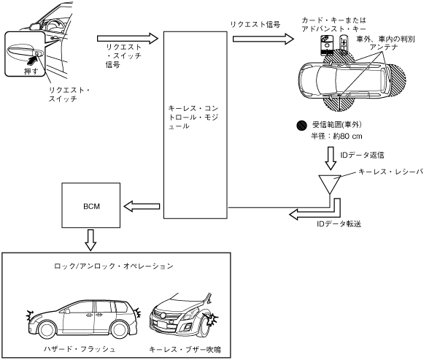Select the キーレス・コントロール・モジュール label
[193, 117]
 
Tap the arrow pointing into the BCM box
[142, 207]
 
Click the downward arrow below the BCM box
[90, 240]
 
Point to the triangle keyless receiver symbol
[330, 183]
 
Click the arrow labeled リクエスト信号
[263, 39]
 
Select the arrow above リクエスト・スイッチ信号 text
[128, 39]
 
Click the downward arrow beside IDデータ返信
[331, 158]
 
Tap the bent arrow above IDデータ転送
[314, 212]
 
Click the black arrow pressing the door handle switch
[33, 58]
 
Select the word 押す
[31, 71]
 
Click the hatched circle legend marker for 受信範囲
[302, 126]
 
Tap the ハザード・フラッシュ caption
[80, 349]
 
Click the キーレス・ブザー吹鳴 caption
[185, 350]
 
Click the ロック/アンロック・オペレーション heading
[114, 266]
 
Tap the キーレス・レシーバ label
[390, 172]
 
